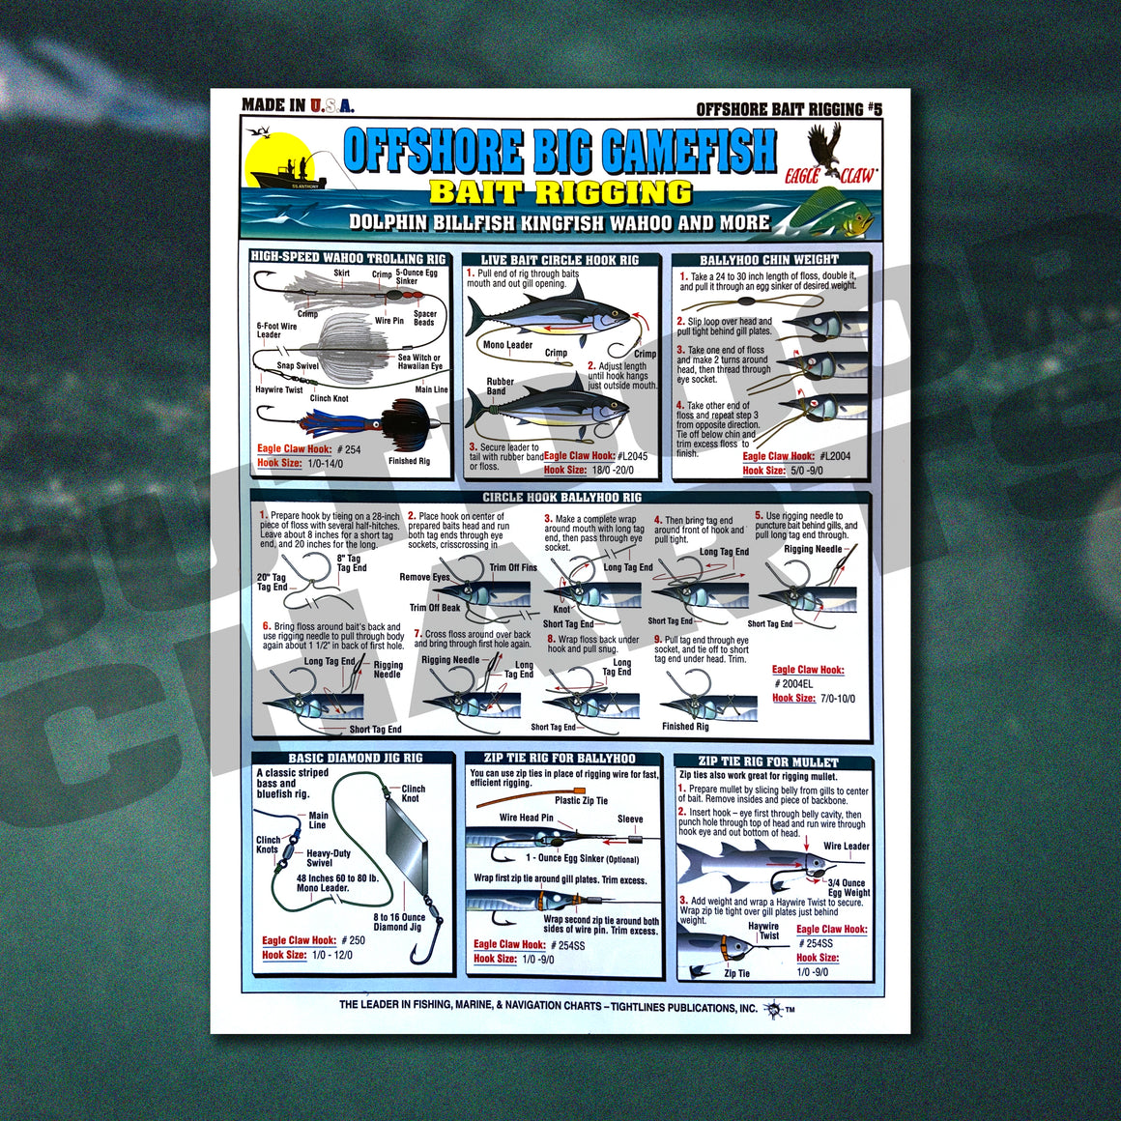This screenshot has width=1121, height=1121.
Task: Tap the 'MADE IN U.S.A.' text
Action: [x=298, y=105]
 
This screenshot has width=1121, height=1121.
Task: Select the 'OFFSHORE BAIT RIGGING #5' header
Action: [x=789, y=109]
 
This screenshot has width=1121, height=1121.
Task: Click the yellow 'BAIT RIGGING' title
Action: [x=560, y=192]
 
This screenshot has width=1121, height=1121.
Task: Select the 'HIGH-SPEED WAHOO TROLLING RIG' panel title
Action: [x=348, y=258]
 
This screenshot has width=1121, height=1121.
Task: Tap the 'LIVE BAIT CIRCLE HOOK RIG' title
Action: [x=560, y=260]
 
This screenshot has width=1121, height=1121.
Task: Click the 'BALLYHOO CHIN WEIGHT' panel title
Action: [x=768, y=260]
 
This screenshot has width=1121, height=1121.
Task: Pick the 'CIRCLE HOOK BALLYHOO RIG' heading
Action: [x=561, y=498]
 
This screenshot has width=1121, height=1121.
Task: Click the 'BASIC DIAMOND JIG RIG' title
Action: [x=355, y=759]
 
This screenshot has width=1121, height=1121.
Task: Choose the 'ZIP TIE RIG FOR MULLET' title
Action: [x=768, y=762]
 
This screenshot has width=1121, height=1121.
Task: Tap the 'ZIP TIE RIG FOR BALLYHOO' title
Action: [x=560, y=759]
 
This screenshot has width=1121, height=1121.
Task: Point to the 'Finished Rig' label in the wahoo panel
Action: [x=409, y=461]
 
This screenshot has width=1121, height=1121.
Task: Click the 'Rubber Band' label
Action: [x=500, y=387]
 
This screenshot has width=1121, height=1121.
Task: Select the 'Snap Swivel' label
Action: [x=297, y=366]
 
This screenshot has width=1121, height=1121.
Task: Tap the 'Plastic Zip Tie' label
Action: [x=581, y=800]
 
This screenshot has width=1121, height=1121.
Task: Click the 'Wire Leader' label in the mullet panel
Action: [x=846, y=847]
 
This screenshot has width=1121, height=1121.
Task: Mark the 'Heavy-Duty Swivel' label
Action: [x=328, y=858]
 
